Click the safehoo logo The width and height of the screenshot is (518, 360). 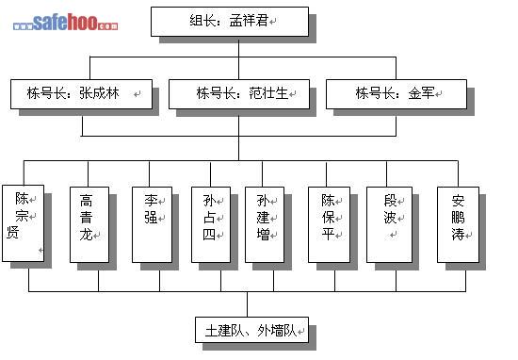(x=65, y=23)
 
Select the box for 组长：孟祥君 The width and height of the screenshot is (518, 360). (x=230, y=22)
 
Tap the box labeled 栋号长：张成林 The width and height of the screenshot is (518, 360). (x=81, y=94)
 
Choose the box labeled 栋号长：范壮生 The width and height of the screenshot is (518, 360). (x=239, y=94)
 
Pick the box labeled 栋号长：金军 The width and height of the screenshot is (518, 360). (x=397, y=94)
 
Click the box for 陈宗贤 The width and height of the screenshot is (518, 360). (x=24, y=223)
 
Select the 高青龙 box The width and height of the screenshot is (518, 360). (x=89, y=225)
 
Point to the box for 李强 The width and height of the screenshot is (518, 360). (x=152, y=225)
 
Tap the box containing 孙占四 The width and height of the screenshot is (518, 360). (x=211, y=225)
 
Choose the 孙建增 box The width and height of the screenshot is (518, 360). (x=265, y=225)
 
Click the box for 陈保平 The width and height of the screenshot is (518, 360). (x=329, y=225)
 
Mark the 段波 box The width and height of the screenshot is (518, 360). (x=390, y=225)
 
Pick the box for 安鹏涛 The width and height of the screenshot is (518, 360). (x=459, y=225)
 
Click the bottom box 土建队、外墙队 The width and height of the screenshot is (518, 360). (x=251, y=330)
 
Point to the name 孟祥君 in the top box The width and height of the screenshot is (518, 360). (x=249, y=21)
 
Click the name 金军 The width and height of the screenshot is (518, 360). (x=421, y=93)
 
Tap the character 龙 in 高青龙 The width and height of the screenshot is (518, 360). (x=86, y=235)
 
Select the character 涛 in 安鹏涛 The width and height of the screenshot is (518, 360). (x=459, y=235)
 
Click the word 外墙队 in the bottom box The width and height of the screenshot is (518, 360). (x=277, y=331)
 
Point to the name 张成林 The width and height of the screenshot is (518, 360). (x=99, y=93)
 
